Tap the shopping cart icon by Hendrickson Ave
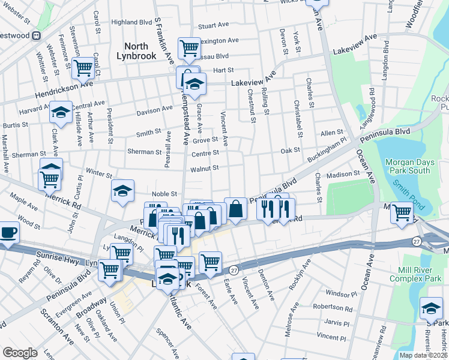pyautogui.click(x=83, y=67)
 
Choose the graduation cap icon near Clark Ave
pyautogui.click(x=61, y=112)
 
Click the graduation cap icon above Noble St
pyautogui.click(x=123, y=191)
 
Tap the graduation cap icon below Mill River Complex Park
pyautogui.click(x=430, y=308)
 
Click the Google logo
pyautogui.click(x=20, y=353)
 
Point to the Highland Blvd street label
pyautogui.click(x=131, y=22)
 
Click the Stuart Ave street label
pyautogui.click(x=214, y=26)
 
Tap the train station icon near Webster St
pyautogui.click(x=37, y=35)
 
